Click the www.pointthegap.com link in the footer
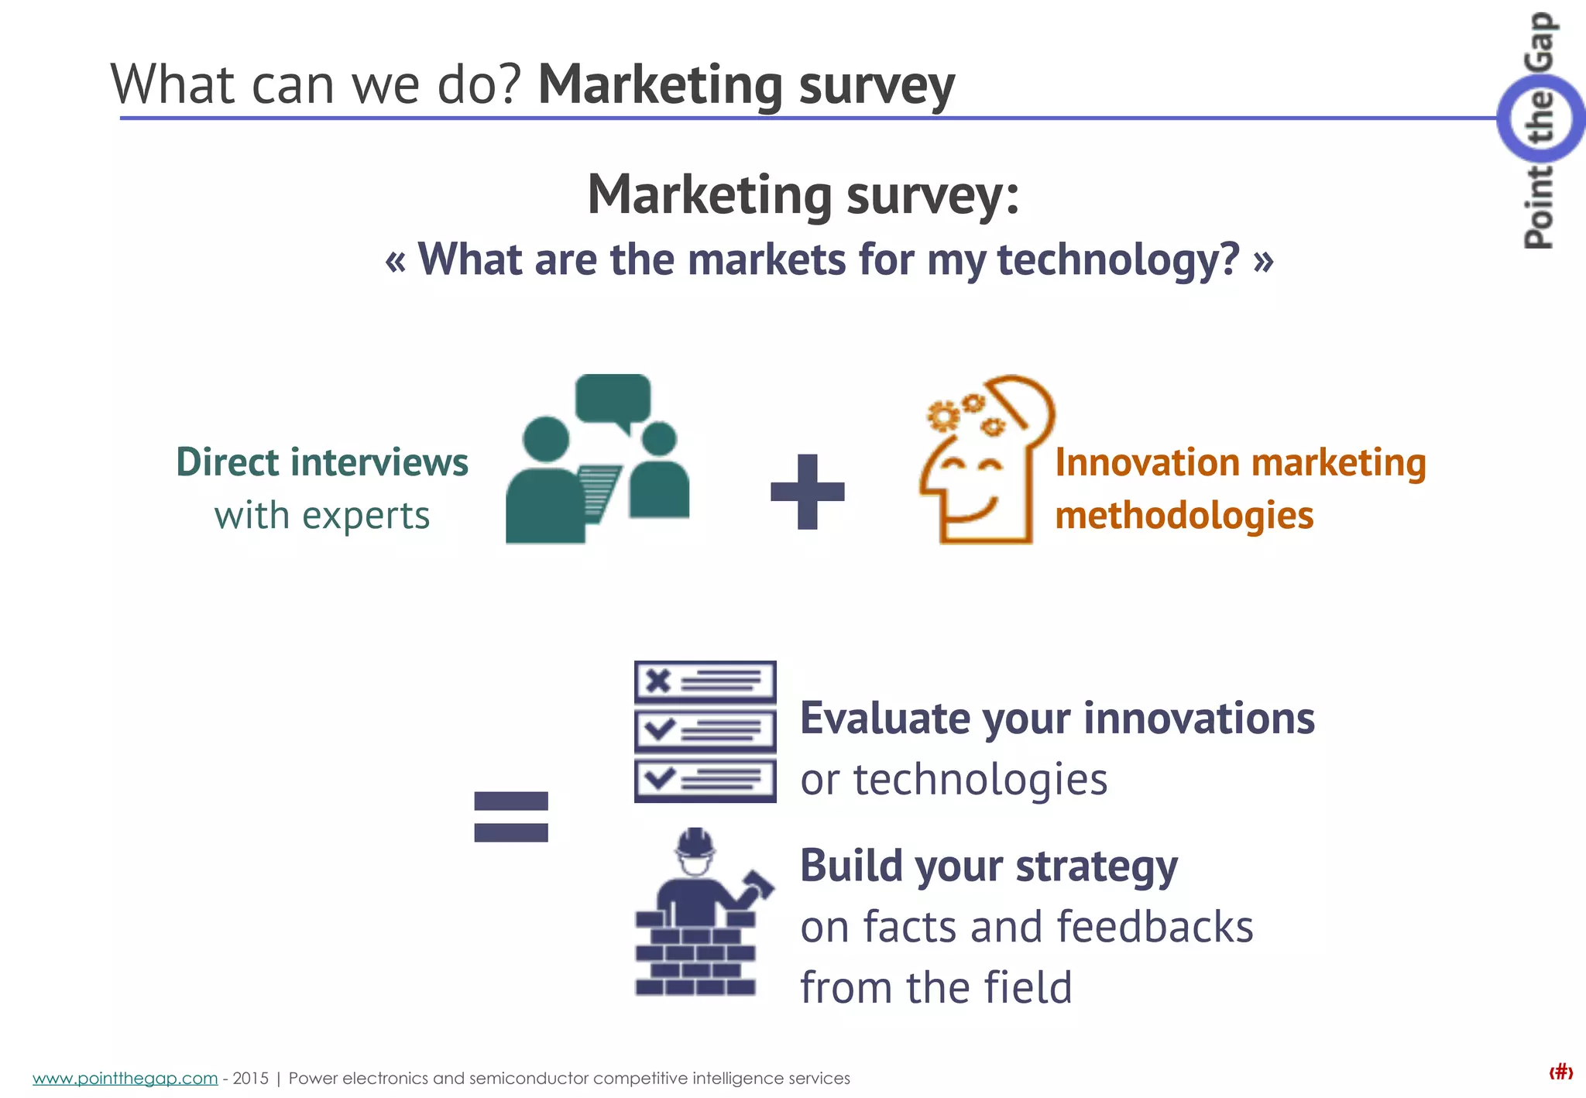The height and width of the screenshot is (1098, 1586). tap(125, 1078)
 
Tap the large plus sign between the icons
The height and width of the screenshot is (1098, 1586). tap(807, 492)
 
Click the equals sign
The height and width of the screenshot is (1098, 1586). tap(511, 816)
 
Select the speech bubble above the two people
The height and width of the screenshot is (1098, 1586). tap(613, 399)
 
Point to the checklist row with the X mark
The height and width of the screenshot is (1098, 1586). tap(705, 681)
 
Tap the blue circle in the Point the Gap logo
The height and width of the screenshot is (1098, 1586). tap(1540, 118)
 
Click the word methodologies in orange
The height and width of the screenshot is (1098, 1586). tap(1184, 516)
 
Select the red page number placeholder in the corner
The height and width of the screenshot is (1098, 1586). tap(1560, 1072)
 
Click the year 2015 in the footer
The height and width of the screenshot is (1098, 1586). tap(250, 1078)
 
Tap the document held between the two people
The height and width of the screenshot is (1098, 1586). tap(600, 492)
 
